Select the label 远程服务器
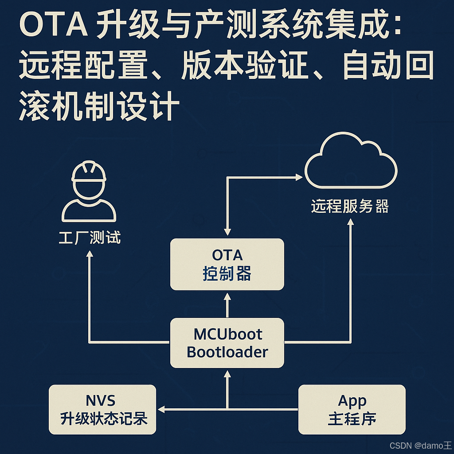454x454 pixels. [x=349, y=207]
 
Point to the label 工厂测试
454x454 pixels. [x=90, y=238]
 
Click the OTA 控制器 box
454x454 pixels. [x=227, y=264]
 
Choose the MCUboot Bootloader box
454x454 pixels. [x=227, y=343]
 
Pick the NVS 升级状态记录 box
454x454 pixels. [x=102, y=409]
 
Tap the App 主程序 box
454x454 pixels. [x=352, y=409]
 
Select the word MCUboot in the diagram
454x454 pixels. [x=228, y=334]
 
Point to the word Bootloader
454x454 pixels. [x=227, y=352]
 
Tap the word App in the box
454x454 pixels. [x=352, y=401]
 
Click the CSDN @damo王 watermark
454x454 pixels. [x=420, y=445]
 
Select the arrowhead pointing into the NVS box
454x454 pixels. [x=162, y=409]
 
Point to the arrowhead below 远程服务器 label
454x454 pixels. [x=351, y=222]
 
